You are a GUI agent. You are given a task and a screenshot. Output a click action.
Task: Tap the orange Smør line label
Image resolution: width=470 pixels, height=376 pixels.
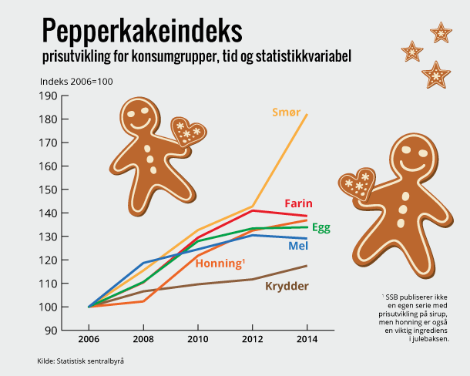click(x=287, y=112)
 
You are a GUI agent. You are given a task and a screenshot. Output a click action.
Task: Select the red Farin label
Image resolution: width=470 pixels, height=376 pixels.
click(x=299, y=203)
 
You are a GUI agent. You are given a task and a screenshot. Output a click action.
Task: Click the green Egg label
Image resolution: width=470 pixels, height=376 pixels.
click(x=323, y=228)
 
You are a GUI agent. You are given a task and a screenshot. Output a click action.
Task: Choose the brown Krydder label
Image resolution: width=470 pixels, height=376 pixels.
click(x=287, y=287)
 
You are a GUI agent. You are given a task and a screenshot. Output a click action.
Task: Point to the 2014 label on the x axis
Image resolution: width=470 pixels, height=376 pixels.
click(x=307, y=339)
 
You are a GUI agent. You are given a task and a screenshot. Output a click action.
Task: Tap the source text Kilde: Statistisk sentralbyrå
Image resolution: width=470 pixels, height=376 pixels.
click(x=80, y=361)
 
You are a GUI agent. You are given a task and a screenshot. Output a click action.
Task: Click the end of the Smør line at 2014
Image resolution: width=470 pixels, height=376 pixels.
click(x=307, y=115)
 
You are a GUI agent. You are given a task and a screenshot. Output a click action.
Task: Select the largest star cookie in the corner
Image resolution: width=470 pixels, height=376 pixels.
click(x=436, y=75)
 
